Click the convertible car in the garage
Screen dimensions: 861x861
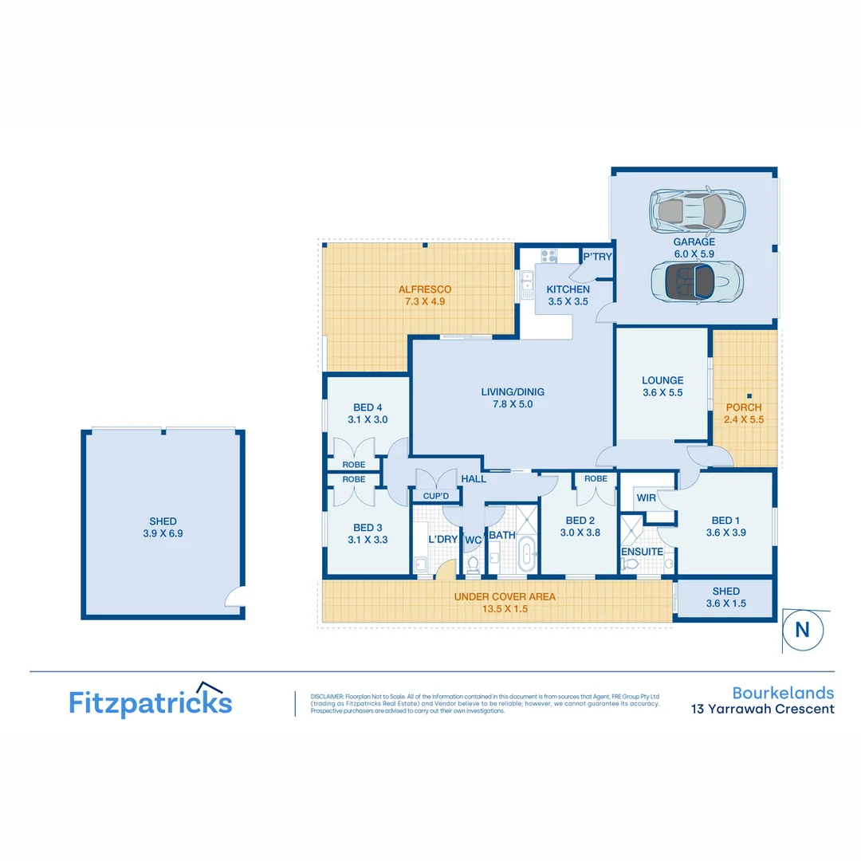pyautogui.click(x=698, y=281)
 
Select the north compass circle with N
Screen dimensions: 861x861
pyautogui.click(x=803, y=630)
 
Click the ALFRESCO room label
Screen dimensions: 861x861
pyautogui.click(x=425, y=289)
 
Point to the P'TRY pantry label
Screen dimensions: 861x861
pyautogui.click(x=597, y=257)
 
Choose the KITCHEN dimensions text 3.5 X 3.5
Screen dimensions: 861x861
pyautogui.click(x=568, y=301)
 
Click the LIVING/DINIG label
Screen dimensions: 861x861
pyautogui.click(x=513, y=392)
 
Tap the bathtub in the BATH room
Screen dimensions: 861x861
pyautogui.click(x=527, y=555)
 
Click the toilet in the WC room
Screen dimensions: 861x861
pyautogui.click(x=474, y=564)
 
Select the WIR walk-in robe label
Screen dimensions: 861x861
pyautogui.click(x=647, y=498)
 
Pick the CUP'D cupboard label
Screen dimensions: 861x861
pyautogui.click(x=436, y=496)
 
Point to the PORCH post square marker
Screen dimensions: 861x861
pyautogui.click(x=749, y=396)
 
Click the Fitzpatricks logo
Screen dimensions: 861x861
pyautogui.click(x=151, y=701)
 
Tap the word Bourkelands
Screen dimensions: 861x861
pyautogui.click(x=783, y=693)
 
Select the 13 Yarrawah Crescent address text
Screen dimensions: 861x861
pyautogui.click(x=763, y=709)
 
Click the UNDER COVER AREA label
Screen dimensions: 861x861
pyautogui.click(x=505, y=597)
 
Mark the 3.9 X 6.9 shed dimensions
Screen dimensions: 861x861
pyautogui.click(x=163, y=533)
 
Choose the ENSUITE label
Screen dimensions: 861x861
pyautogui.click(x=642, y=552)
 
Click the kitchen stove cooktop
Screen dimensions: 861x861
pyautogui.click(x=549, y=256)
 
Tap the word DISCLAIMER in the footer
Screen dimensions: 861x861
pyautogui.click(x=328, y=696)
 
